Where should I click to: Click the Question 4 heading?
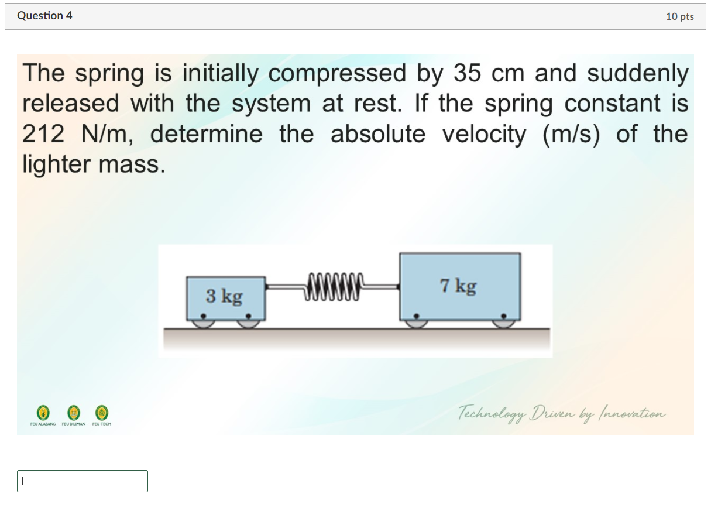(x=44, y=16)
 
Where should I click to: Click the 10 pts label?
(x=679, y=16)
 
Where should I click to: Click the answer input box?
(x=83, y=481)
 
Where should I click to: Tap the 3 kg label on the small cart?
(x=224, y=296)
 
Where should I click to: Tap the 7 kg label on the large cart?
(x=458, y=286)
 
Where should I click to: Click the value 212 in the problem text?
(x=44, y=135)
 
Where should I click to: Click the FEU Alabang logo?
(x=42, y=412)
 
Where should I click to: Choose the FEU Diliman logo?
(x=73, y=412)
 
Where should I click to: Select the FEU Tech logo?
(x=102, y=412)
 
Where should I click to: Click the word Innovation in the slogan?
(x=632, y=414)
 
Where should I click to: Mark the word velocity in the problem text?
(x=484, y=135)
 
